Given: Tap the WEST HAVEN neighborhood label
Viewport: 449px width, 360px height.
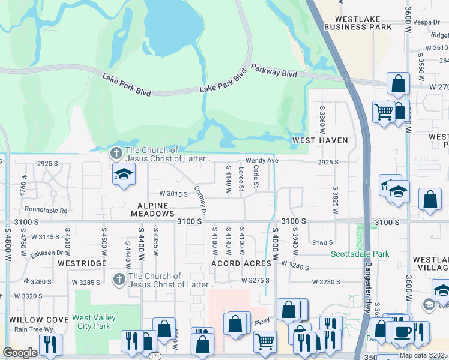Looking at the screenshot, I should point(320,140).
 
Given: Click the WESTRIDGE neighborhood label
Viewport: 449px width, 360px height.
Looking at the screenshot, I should point(82,263).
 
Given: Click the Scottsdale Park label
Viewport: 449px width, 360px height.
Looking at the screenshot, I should point(360,254).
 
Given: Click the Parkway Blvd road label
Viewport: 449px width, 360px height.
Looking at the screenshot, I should point(274,71).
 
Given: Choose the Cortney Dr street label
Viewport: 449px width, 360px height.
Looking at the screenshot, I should point(200,200).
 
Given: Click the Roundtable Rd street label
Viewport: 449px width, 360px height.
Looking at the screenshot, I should point(46,210).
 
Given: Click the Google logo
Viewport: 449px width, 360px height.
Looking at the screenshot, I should point(20,353).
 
